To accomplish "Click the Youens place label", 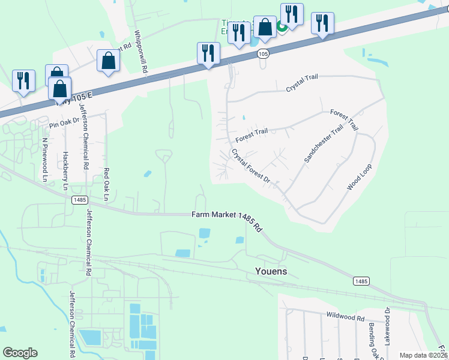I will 267,271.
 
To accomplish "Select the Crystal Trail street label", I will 301,83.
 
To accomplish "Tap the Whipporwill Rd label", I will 140,52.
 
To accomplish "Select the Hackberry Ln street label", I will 65,171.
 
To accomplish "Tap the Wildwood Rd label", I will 345,315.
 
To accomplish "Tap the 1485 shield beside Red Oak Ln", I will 79,200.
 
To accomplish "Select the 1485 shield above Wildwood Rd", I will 361,281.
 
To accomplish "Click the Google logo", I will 20,353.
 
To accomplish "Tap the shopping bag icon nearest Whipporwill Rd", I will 108,61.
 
